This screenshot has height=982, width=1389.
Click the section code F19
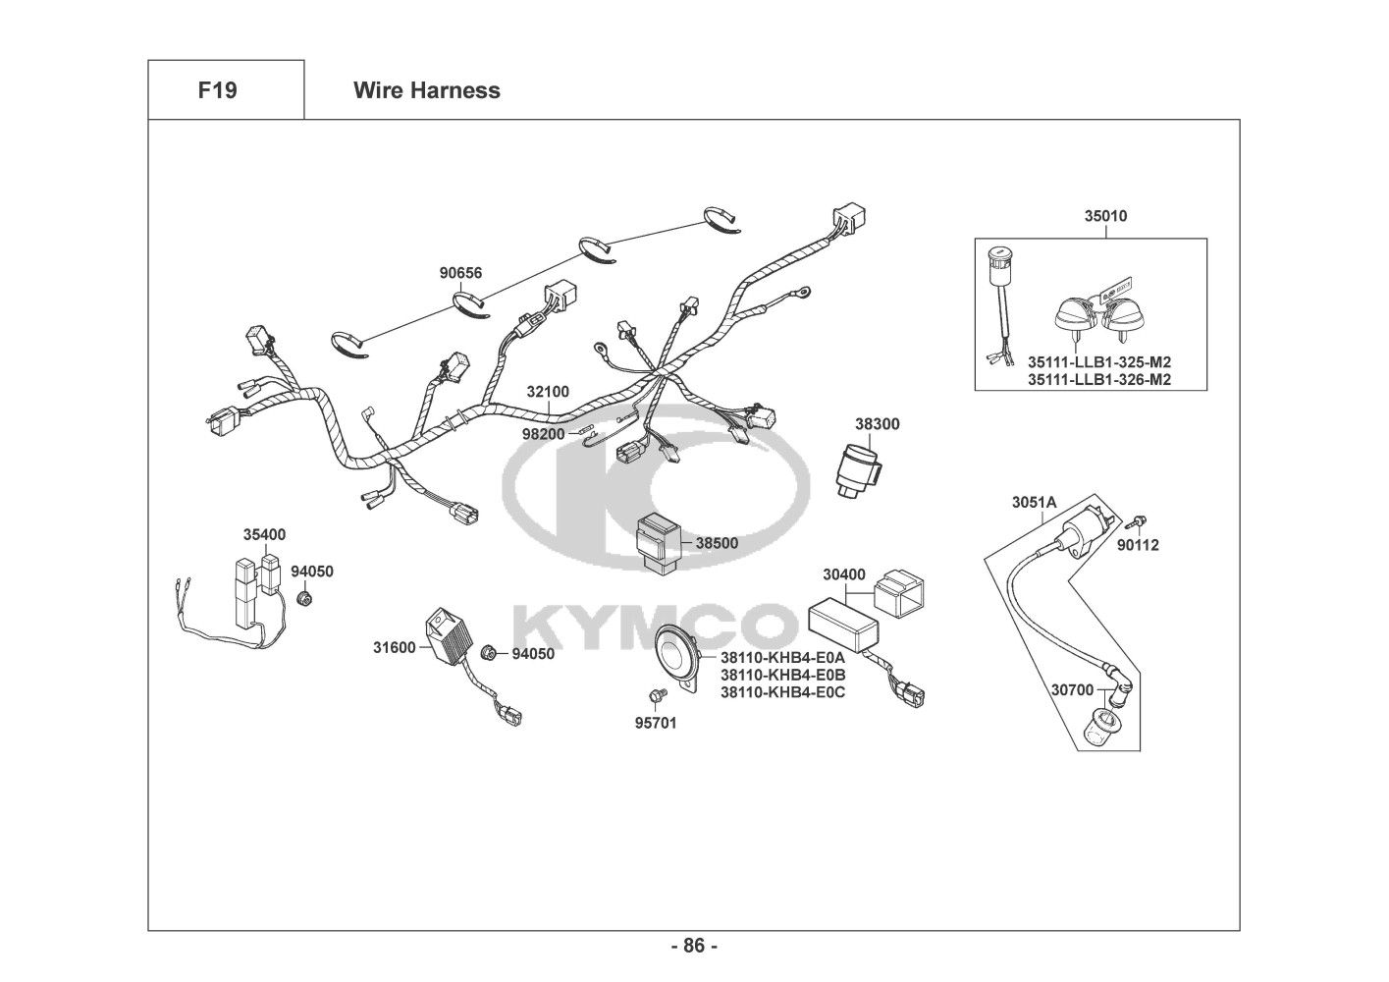pyautogui.click(x=217, y=90)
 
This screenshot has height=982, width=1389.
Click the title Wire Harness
pyautogui.click(x=426, y=90)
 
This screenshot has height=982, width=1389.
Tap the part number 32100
pyautogui.click(x=548, y=392)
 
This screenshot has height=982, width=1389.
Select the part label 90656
pyautogui.click(x=460, y=273)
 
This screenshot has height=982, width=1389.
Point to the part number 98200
pyautogui.click(x=543, y=433)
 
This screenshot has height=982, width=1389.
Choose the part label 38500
pyautogui.click(x=717, y=542)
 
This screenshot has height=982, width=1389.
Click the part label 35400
pyautogui.click(x=264, y=535)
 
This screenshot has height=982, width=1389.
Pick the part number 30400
pyautogui.click(x=844, y=573)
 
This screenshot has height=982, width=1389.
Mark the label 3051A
pyautogui.click(x=1034, y=503)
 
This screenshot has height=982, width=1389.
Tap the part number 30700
pyautogui.click(x=1072, y=690)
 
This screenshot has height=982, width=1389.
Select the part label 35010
pyautogui.click(x=1105, y=216)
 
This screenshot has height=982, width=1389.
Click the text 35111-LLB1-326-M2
pyautogui.click(x=1099, y=379)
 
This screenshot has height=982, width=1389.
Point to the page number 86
pyautogui.click(x=694, y=947)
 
